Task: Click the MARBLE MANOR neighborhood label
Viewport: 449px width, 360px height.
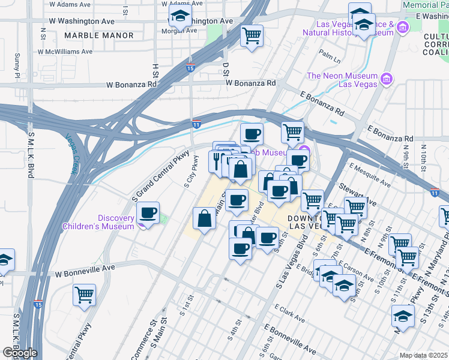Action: tap(99, 35)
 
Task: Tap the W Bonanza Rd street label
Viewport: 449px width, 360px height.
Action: tap(136, 86)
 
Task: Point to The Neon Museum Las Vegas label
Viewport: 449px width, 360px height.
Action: tap(342, 80)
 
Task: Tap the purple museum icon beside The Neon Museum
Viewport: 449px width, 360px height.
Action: tap(387, 79)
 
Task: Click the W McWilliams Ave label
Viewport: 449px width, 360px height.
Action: tap(65, 52)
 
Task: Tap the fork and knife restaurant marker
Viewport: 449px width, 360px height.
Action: tap(217, 160)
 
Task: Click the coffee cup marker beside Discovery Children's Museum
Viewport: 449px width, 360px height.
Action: tap(148, 212)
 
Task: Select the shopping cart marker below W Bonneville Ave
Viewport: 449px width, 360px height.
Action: tap(84, 294)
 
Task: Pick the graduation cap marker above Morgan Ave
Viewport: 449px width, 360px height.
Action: tap(179, 17)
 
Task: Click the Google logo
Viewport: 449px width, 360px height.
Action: tap(20, 353)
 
